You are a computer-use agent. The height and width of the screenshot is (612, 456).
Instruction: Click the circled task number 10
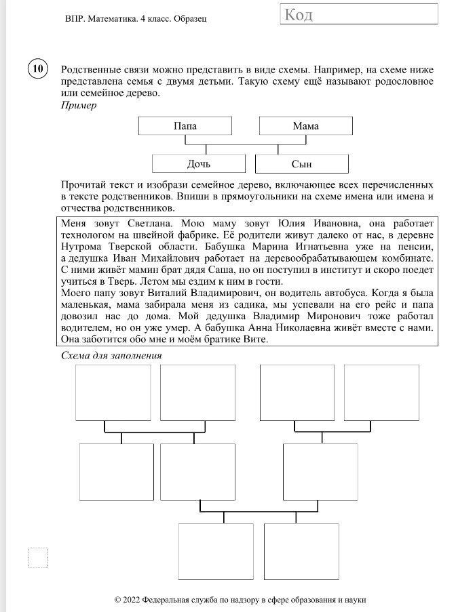coord(37,69)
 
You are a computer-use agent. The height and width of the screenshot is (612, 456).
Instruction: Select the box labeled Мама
coord(305,127)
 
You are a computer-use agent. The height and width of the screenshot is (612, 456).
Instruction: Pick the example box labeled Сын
coord(301,165)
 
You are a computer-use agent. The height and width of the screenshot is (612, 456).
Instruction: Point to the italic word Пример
coord(79,106)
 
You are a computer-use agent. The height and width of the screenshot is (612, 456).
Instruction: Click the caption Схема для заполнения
coord(111,355)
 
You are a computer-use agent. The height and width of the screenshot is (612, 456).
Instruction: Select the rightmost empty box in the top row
coord(372,392)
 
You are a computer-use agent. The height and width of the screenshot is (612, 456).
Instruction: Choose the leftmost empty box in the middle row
coord(107,472)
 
